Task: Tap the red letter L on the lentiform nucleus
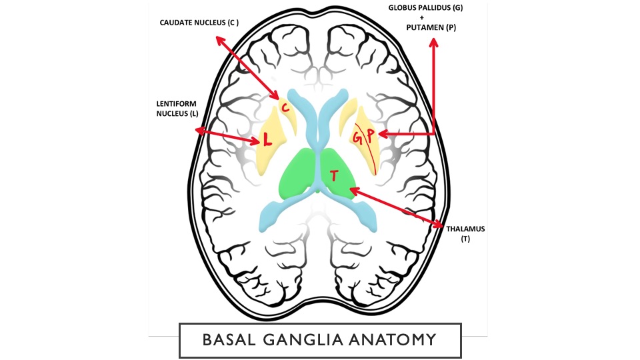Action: tap(267, 140)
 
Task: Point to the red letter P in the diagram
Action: tap(369, 135)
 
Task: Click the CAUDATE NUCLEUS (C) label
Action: tap(199, 23)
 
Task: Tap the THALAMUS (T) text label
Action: tap(465, 233)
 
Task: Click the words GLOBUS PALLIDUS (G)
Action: tap(431, 7)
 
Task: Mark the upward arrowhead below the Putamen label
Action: tap(434, 43)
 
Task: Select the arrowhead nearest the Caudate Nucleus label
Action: tap(219, 40)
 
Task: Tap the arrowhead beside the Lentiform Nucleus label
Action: tap(199, 131)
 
